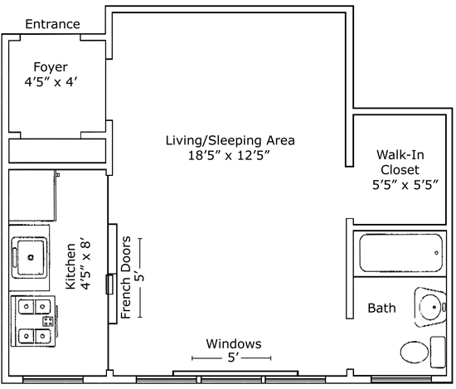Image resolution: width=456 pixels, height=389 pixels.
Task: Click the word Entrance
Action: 52,24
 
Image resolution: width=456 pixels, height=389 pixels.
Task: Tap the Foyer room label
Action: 51,67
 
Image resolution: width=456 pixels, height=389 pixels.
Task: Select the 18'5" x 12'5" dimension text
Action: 230,155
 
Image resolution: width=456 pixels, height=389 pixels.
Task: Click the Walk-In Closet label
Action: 400,162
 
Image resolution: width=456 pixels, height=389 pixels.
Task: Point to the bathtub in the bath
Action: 400,253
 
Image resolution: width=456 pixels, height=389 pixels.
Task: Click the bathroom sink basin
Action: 431,307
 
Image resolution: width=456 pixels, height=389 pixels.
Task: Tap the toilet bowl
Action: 414,352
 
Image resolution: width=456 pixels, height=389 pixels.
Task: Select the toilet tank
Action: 438,353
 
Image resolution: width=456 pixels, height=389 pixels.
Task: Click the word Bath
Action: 381,308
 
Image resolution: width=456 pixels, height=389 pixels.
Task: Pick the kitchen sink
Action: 29,257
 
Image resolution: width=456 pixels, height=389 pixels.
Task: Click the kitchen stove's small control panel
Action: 48,321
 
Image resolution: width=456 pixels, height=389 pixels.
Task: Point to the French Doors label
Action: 126,278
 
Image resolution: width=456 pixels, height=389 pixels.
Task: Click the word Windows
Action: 234,343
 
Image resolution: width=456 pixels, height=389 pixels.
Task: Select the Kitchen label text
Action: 70,266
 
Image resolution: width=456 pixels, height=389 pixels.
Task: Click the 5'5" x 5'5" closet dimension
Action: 405,185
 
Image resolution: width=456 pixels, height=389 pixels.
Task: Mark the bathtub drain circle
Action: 436,253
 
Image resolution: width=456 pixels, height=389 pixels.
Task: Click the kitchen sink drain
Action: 31,257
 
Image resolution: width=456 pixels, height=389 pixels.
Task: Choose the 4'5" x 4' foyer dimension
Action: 51,82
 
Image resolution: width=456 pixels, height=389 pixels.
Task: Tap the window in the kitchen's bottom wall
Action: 53,379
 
